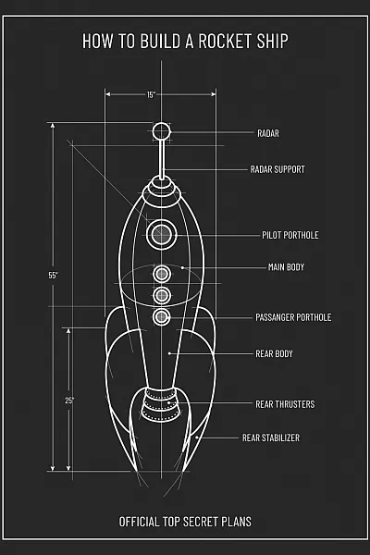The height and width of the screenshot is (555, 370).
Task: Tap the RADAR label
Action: pyautogui.click(x=268, y=133)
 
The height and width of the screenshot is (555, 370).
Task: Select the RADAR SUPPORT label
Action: pyautogui.click(x=277, y=169)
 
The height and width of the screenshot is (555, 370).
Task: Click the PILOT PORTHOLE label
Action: pyautogui.click(x=290, y=235)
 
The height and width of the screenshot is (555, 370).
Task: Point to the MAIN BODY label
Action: pyautogui.click(x=286, y=267)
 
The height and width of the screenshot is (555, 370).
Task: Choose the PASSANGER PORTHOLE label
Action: pyautogui.click(x=293, y=317)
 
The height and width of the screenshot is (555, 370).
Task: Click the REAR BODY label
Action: pyautogui.click(x=274, y=353)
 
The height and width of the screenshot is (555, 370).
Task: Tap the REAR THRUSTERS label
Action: pyautogui.click(x=285, y=404)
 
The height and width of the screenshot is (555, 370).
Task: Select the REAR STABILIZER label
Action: pyautogui.click(x=271, y=438)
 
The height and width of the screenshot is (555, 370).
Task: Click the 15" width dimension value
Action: pyautogui.click(x=151, y=94)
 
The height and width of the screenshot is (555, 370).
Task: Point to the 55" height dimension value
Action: pyautogui.click(x=53, y=275)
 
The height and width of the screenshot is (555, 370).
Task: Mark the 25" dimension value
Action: pyautogui.click(x=69, y=401)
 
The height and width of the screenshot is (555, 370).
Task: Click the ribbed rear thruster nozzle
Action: pyautogui.click(x=161, y=404)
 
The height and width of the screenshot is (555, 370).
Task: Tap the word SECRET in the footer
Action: pyautogui.click(x=201, y=522)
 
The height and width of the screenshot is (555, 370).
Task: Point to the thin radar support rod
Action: pyautogui.click(x=162, y=160)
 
